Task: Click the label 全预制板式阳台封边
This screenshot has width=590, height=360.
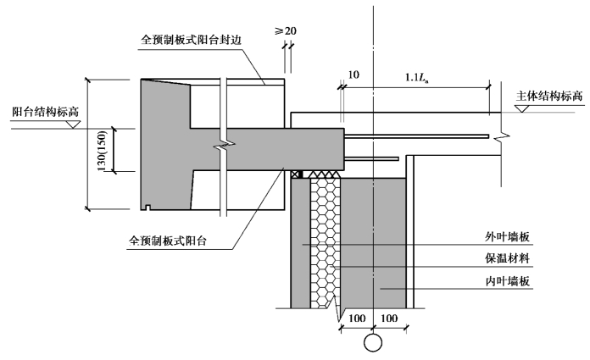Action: tap(191, 41)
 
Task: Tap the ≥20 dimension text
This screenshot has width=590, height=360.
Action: tap(285, 30)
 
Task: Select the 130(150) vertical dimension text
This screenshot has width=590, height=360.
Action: tap(102, 151)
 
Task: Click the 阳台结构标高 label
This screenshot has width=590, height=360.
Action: tap(46, 112)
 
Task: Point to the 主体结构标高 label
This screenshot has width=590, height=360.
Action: tap(549, 96)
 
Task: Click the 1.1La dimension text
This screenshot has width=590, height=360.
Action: tap(417, 77)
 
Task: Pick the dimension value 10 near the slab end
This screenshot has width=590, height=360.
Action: tap(353, 75)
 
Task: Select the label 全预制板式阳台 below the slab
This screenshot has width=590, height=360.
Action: tap(168, 241)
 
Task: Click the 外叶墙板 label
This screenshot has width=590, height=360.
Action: tap(507, 236)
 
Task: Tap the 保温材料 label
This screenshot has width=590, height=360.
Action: tap(507, 258)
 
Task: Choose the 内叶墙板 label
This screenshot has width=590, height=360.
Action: tap(507, 281)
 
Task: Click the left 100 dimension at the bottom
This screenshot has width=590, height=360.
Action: tap(357, 318)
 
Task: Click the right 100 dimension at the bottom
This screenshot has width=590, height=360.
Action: tap(389, 318)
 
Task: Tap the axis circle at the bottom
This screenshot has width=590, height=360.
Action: tap(373, 343)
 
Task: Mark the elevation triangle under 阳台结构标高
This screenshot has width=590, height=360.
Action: tap(73, 125)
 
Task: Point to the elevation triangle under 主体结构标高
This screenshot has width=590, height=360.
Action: tap(522, 108)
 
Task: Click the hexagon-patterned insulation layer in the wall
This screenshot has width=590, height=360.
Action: tap(326, 241)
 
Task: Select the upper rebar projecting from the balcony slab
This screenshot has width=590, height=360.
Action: tap(416, 136)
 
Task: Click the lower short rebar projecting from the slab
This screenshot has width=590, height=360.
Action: tap(371, 158)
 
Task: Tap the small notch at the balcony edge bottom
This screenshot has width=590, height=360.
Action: tap(147, 208)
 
